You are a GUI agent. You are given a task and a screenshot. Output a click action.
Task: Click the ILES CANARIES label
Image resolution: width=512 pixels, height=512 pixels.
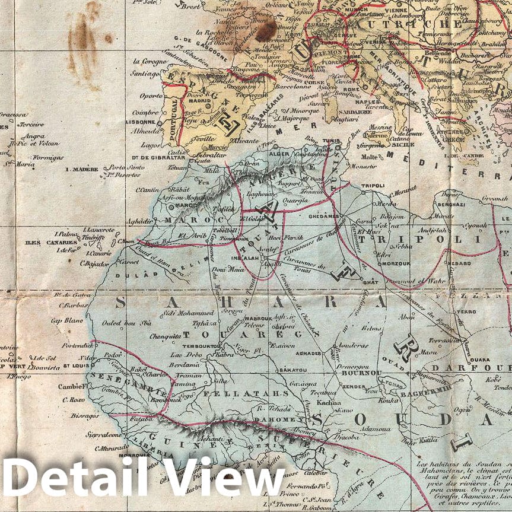51,242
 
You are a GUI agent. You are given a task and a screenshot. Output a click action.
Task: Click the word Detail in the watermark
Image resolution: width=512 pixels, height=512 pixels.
74,476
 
